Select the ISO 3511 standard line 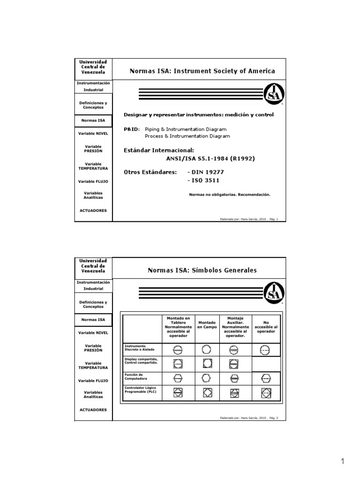click(x=203, y=180)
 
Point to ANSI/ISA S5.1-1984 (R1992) click(x=208, y=158)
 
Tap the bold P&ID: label click(x=132, y=129)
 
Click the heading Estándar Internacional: click(x=158, y=150)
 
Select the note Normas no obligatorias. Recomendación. click(x=229, y=194)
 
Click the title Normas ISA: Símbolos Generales click(x=202, y=270)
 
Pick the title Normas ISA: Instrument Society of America click(x=202, y=71)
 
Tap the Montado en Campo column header click(x=207, y=325)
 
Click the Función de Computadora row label click(x=136, y=377)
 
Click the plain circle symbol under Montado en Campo click(x=207, y=350)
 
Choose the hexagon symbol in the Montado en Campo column click(x=207, y=379)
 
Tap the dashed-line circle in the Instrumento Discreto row click(x=266, y=350)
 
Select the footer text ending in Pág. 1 click(x=249, y=218)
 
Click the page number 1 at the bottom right click(x=343, y=462)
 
